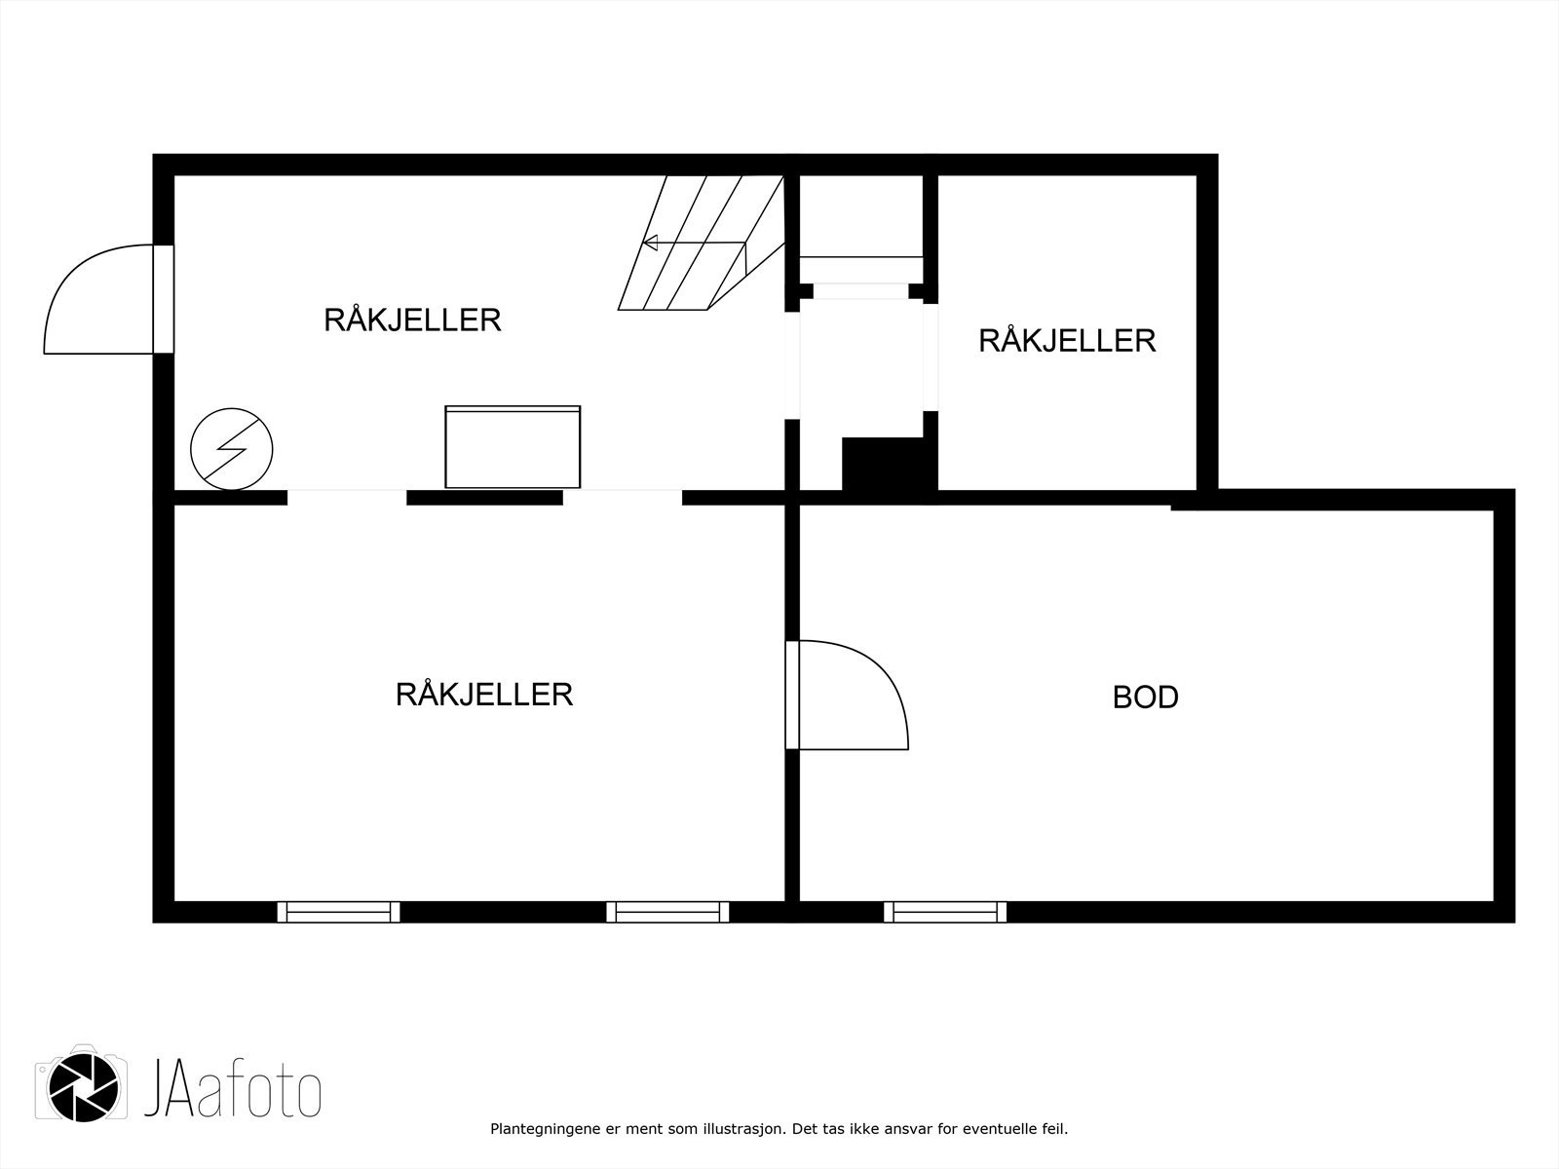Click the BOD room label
coord(1145,698)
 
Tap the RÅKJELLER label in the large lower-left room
coord(484,695)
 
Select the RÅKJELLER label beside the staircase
coord(412,320)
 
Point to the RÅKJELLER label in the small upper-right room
coord(1067,341)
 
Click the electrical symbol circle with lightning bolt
coord(232,448)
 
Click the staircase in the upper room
coord(702,244)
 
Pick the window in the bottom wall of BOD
coord(945,912)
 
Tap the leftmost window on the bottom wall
coord(338,912)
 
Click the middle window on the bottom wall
coord(667,912)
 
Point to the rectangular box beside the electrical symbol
coord(513,447)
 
